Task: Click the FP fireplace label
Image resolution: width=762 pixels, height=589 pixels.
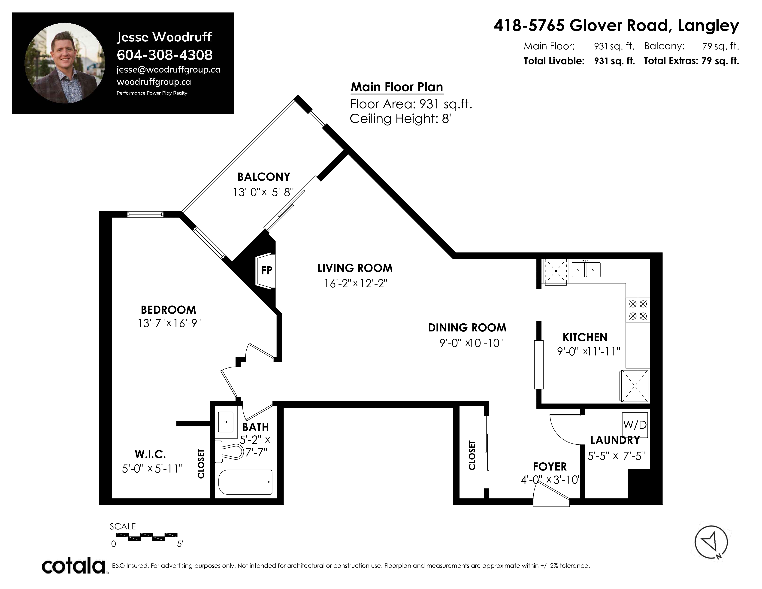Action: pos(266,270)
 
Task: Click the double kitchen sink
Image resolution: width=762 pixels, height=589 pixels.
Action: pos(586,269)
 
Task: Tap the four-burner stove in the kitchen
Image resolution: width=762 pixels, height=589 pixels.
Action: pos(638,310)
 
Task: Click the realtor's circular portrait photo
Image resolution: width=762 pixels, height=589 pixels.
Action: pos(65,63)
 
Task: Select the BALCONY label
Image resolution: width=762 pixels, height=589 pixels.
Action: pos(264,177)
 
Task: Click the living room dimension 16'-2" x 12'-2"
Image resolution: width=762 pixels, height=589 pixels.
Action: pos(356,283)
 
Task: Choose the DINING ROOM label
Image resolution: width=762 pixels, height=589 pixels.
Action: pos(467,328)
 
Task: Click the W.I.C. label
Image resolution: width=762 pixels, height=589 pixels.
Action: pos(150,454)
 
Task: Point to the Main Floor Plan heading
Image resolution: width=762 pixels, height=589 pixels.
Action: pos(397,87)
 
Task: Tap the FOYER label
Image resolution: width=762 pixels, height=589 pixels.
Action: pos(550,467)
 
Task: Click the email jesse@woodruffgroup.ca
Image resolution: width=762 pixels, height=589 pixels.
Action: pos(169,70)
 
